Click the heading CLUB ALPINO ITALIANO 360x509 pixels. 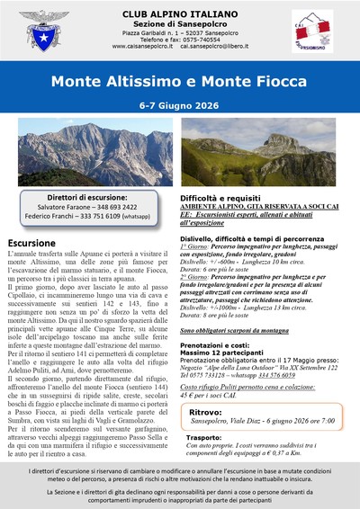coord(179,13)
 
